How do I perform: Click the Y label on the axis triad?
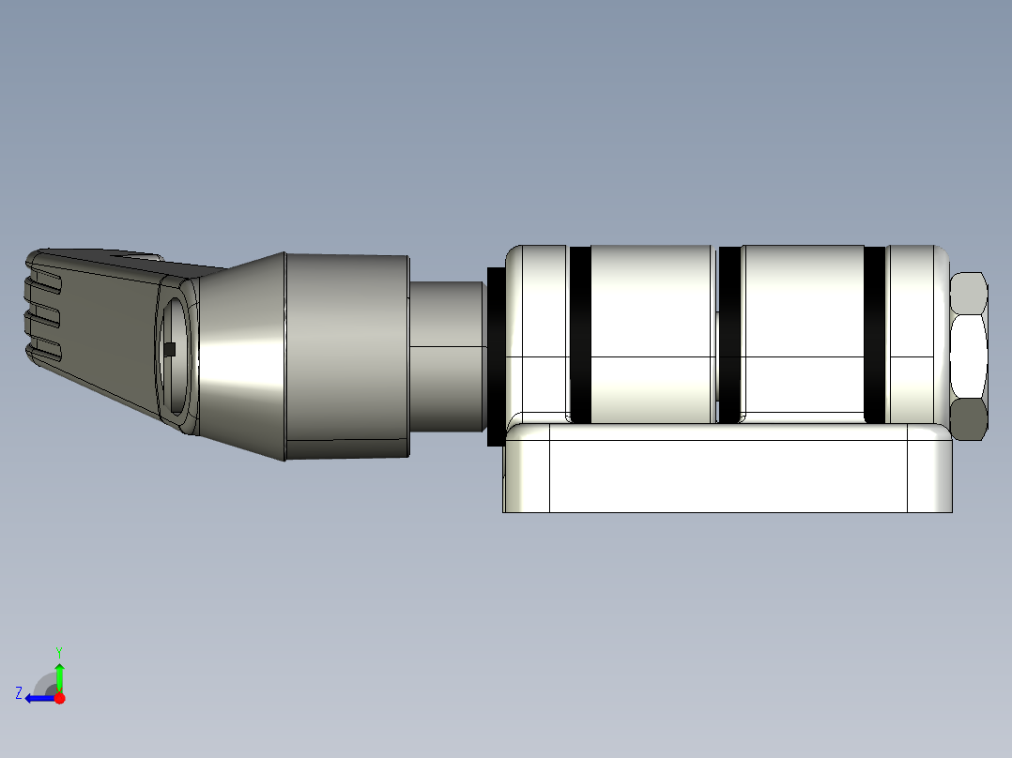pyautogui.click(x=58, y=650)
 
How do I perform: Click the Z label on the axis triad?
pyautogui.click(x=19, y=693)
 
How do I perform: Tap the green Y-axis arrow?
pyautogui.click(x=59, y=675)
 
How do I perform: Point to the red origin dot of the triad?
pyautogui.click(x=60, y=698)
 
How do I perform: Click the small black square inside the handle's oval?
pyautogui.click(x=170, y=350)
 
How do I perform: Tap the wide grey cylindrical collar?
pyautogui.click(x=345, y=356)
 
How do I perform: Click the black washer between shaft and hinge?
pyautogui.click(x=496, y=356)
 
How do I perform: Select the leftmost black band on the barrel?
pyautogui.click(x=580, y=335)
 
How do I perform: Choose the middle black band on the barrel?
pyautogui.click(x=729, y=335)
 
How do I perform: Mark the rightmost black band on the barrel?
pyautogui.click(x=874, y=335)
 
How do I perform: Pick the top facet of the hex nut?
pyautogui.click(x=968, y=294)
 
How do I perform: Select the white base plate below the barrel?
pyautogui.click(x=728, y=475)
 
